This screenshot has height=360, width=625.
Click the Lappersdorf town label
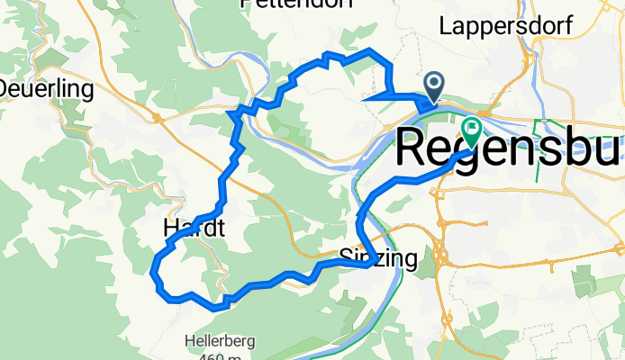point(506,27)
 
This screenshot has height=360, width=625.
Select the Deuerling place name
point(47,89)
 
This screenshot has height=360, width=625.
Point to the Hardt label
point(194,229)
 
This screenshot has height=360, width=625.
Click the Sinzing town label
point(379,259)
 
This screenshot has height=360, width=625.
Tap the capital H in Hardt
point(172,229)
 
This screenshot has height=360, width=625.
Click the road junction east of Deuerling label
point(157,117)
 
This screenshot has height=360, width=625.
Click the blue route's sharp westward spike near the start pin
point(362,97)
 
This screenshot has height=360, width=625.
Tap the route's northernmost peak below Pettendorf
point(370,49)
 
